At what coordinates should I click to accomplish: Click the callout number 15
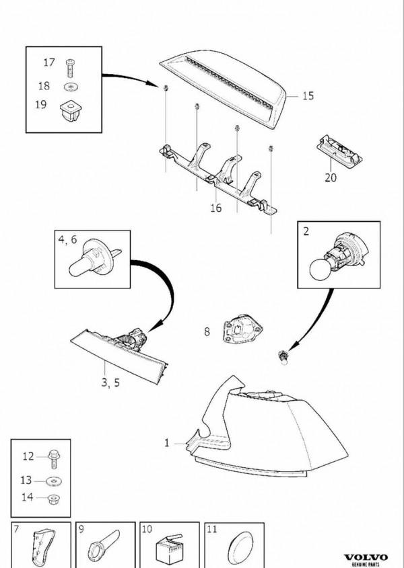tap(307, 96)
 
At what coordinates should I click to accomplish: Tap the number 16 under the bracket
tap(215, 208)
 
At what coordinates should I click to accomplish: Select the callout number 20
tap(330, 179)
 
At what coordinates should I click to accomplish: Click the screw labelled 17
tap(70, 66)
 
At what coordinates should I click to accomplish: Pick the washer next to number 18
tap(70, 87)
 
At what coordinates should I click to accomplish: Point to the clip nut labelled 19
tap(70, 109)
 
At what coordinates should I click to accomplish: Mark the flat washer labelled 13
tap(52, 481)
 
